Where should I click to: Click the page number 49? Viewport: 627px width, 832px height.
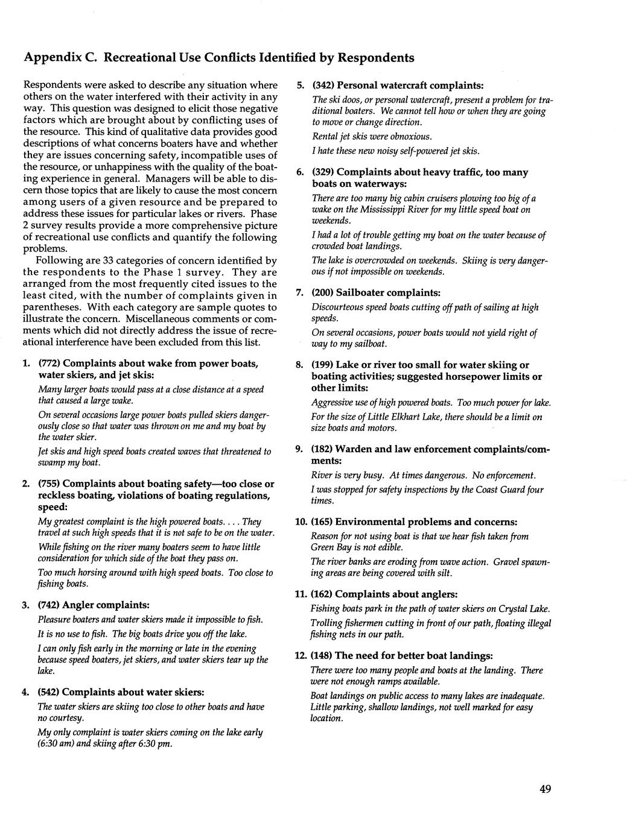click(x=545, y=789)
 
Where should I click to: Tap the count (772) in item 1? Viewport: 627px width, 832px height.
click(x=49, y=363)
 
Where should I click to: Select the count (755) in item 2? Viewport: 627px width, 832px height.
click(x=49, y=484)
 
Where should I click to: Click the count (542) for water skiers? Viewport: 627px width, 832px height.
click(x=49, y=692)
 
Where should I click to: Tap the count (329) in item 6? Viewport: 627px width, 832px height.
click(x=322, y=172)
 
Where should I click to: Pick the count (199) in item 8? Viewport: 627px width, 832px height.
click(x=322, y=365)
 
